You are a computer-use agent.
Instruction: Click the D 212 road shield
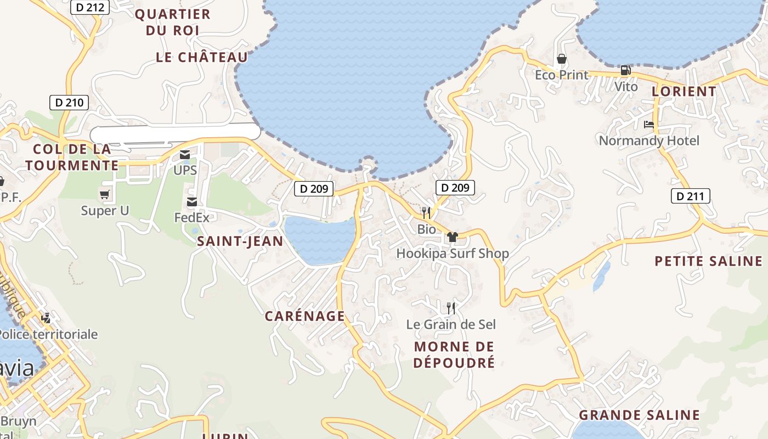click(x=91, y=7)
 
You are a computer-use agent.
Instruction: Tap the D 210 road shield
click(x=69, y=102)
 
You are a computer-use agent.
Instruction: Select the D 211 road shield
click(x=691, y=196)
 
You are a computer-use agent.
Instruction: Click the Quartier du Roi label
click(x=172, y=22)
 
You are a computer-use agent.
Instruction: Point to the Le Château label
click(x=202, y=57)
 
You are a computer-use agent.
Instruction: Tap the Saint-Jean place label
click(x=240, y=241)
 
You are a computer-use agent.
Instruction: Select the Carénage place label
click(x=305, y=316)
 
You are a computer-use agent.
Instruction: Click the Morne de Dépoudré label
click(x=454, y=354)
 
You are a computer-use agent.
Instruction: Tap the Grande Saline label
click(x=639, y=415)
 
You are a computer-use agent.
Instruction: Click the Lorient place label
click(x=684, y=91)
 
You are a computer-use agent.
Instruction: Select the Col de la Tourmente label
click(x=72, y=157)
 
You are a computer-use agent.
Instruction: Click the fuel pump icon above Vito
click(x=625, y=70)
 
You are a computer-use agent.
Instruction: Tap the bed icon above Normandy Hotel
click(x=649, y=124)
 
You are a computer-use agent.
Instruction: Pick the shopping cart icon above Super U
click(x=104, y=194)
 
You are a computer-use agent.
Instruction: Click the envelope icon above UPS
click(x=185, y=155)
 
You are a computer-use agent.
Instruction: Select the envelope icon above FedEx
click(x=192, y=202)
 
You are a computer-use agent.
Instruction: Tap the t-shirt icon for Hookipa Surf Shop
click(x=452, y=237)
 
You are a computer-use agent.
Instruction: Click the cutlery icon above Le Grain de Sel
click(x=450, y=308)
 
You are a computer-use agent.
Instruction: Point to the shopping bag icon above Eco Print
click(x=561, y=58)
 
